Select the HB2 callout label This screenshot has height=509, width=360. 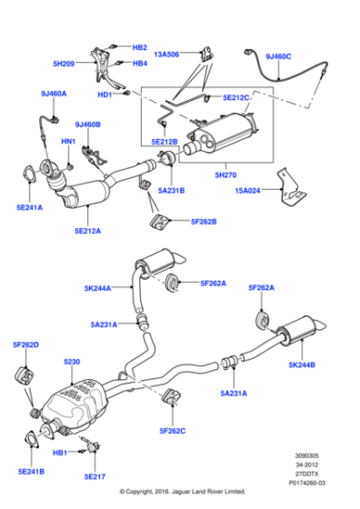click(x=140, y=47)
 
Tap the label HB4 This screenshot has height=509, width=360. click(x=140, y=64)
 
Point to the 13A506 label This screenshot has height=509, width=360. click(x=167, y=54)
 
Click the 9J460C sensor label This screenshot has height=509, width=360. click(x=278, y=56)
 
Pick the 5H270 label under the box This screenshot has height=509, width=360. click(x=226, y=175)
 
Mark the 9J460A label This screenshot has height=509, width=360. click(x=54, y=93)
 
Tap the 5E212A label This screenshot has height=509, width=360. click(x=87, y=231)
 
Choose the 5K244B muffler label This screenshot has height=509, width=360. click(x=303, y=364)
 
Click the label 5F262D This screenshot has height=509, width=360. click(x=25, y=344)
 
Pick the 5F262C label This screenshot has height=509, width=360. click(x=173, y=430)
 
